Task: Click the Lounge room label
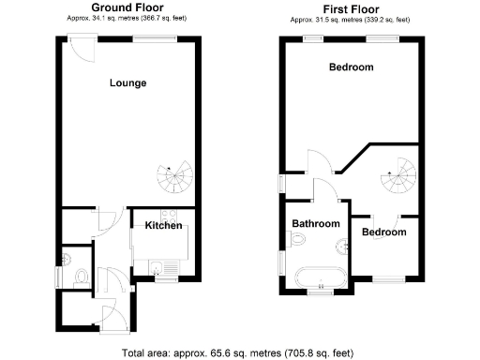(127, 82)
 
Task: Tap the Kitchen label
(163, 225)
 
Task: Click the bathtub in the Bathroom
(316, 277)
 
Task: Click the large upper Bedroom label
(351, 67)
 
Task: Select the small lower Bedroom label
(383, 232)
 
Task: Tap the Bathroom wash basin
(341, 246)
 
